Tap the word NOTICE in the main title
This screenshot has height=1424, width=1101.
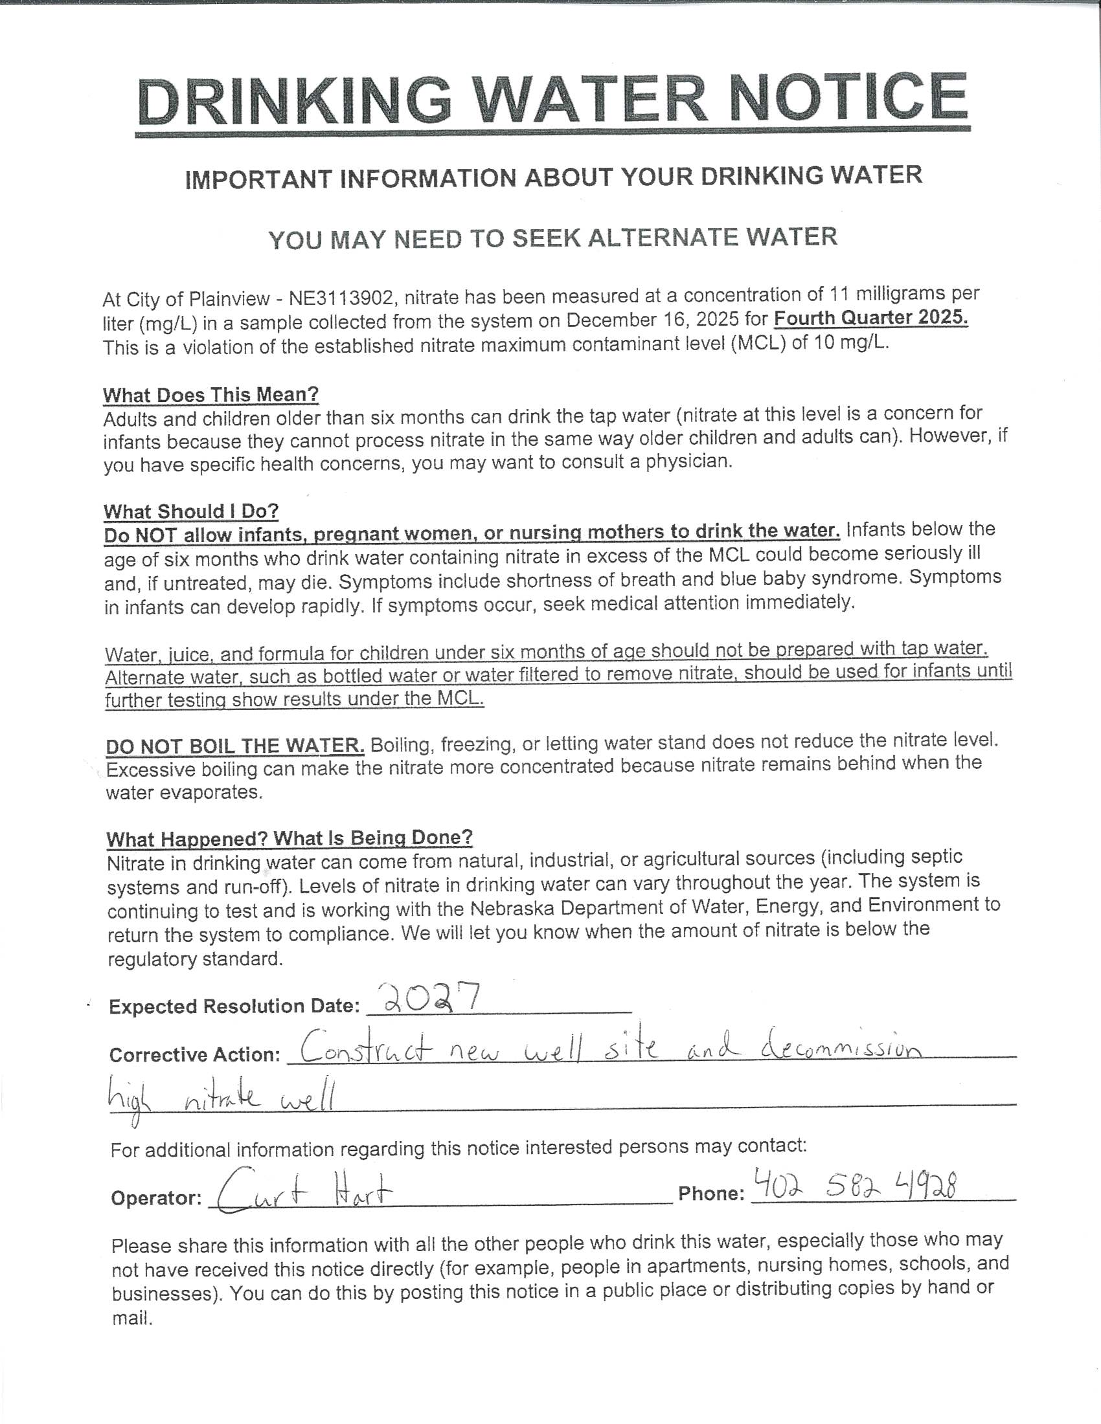click(x=848, y=96)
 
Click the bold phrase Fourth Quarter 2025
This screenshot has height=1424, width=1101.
click(x=870, y=318)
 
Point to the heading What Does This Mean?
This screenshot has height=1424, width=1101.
click(x=210, y=394)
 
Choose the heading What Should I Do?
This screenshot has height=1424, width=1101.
click(x=191, y=511)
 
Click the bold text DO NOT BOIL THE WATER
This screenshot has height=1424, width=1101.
click(x=235, y=745)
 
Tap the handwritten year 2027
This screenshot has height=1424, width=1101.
click(x=431, y=998)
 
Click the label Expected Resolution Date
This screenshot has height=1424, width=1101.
click(x=234, y=1007)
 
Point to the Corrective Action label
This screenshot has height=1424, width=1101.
click(x=195, y=1054)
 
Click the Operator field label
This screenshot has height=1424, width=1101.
click(x=156, y=1197)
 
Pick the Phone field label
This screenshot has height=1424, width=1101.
click(x=711, y=1193)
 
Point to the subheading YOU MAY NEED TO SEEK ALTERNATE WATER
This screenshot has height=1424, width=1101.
click(x=552, y=238)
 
